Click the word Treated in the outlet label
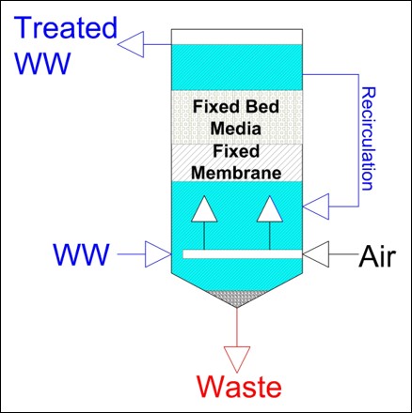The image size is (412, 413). (66, 27)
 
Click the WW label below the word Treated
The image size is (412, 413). (42, 63)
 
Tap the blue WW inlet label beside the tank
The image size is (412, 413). (82, 254)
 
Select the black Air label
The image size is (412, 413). (377, 256)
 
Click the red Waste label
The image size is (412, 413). (239, 387)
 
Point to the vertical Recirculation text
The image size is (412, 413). (368, 139)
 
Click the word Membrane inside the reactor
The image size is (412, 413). (236, 173)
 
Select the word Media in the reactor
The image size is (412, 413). (236, 129)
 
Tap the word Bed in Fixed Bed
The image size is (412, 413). (262, 106)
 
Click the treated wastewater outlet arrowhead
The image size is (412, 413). (131, 44)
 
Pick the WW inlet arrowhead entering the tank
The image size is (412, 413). (158, 254)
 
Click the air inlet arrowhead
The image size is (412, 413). (316, 254)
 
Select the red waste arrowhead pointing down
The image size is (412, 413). (237, 359)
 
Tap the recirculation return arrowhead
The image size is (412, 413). (316, 206)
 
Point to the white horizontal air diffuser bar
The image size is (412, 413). (243, 254)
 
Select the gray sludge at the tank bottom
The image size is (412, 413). (237, 298)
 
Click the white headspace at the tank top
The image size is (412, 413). (237, 37)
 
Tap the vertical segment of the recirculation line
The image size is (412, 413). (358, 141)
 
